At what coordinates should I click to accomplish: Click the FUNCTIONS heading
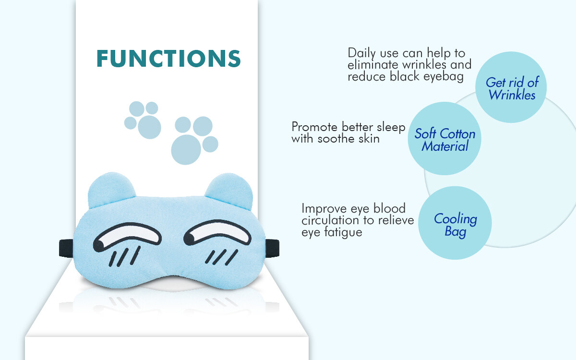point(168,59)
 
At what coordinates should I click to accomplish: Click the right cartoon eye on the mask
point(217,232)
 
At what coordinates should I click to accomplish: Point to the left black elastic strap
point(66,248)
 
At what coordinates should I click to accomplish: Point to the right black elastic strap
point(272,248)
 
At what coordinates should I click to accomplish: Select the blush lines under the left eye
point(125,256)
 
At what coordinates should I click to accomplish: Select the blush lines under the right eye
point(221,257)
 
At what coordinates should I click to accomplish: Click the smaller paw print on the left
point(143,120)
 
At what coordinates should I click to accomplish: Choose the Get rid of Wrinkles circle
point(511,87)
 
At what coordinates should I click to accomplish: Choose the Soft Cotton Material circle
point(444,139)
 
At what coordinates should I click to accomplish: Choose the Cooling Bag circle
point(455,223)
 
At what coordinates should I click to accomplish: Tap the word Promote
point(314,127)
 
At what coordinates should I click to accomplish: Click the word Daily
point(362,53)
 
